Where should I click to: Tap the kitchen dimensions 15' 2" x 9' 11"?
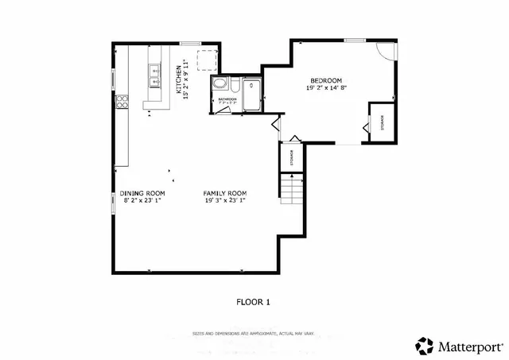click(186, 79)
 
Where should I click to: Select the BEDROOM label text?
click(326, 81)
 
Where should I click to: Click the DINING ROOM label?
click(142, 193)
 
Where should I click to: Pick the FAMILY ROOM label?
click(225, 193)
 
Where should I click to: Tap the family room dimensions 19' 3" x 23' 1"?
click(225, 201)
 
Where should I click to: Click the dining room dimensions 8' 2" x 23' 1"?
click(142, 201)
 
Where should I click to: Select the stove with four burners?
click(122, 101)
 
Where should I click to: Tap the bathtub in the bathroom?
click(253, 94)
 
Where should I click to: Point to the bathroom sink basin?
click(220, 85)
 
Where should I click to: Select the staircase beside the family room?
click(291, 189)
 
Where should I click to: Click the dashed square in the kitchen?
click(207, 59)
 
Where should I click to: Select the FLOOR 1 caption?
click(254, 301)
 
